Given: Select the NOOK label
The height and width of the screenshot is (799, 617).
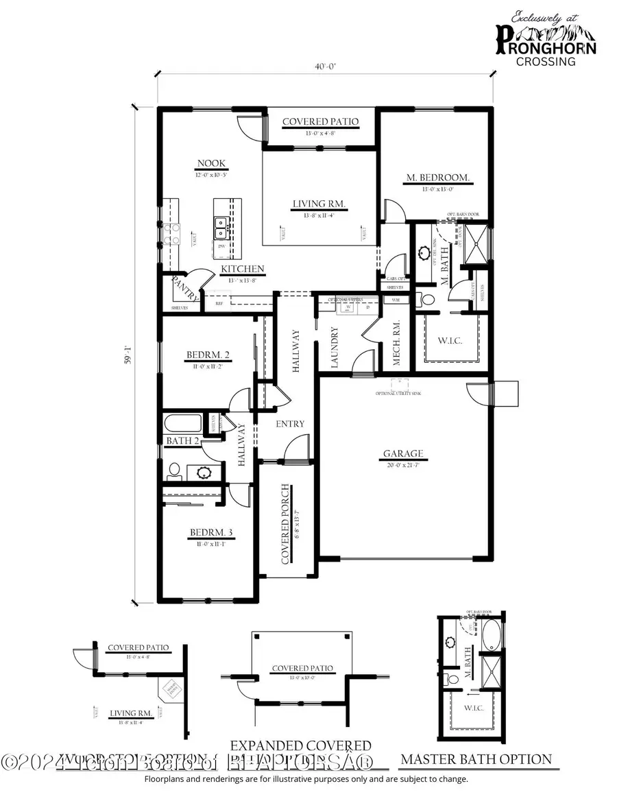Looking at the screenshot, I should (211, 163).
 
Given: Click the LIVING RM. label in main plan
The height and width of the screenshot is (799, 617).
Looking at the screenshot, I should (319, 204).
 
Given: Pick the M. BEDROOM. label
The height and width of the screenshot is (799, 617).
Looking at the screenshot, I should (437, 178).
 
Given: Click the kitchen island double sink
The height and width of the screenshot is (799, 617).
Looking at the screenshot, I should (221, 223).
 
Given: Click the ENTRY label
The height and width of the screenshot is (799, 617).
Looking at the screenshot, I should (290, 424).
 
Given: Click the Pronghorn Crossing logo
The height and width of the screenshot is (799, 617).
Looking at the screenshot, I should (546, 40).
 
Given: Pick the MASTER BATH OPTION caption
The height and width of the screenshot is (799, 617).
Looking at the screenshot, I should (476, 759).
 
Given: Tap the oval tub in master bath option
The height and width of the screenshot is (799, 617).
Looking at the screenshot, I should (493, 631).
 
